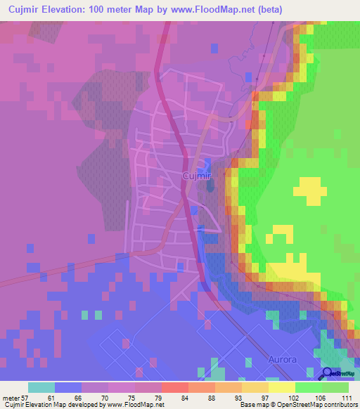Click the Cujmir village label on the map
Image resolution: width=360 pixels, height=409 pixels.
pyautogui.click(x=196, y=176)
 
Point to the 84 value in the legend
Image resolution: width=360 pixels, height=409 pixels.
pyautogui.click(x=165, y=397)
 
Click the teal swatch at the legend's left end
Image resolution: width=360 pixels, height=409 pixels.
pyautogui.click(x=41, y=387)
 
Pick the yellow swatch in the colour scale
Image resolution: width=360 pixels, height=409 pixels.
pyautogui.click(x=281, y=387)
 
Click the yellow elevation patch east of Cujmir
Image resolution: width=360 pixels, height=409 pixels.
pyautogui.click(x=310, y=189)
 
